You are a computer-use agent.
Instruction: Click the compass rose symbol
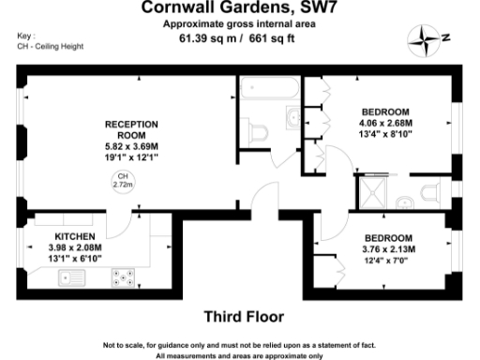pos(428,39)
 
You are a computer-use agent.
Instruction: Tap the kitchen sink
pos(71,277)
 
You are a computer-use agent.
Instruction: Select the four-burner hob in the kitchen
pos(123,277)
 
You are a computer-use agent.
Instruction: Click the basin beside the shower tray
pos(404,202)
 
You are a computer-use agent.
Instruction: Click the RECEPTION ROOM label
pos(131,129)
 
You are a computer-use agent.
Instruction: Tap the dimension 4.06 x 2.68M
pos(386,123)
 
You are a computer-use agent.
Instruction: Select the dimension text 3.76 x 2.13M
pos(389,248)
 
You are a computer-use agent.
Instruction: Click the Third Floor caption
pos(243,316)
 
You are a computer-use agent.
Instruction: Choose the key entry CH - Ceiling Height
pos(49,45)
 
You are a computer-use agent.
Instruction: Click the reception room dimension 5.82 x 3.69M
pos(131,147)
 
